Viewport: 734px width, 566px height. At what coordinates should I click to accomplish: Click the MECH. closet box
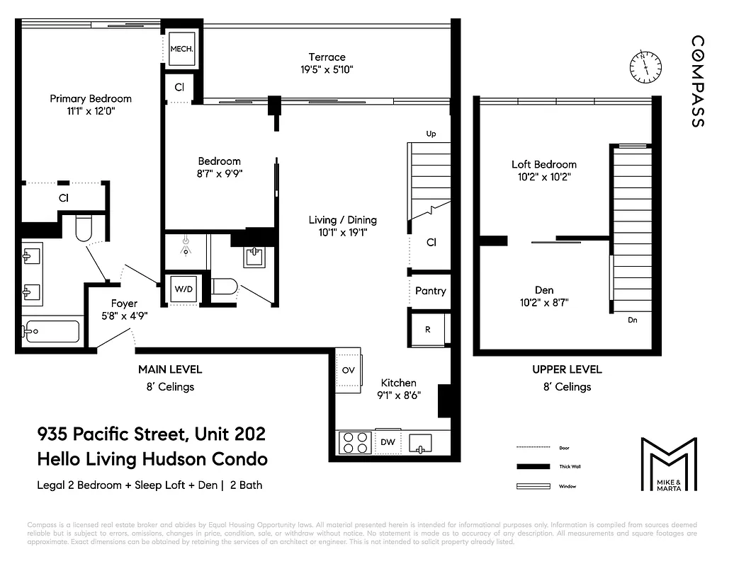182,50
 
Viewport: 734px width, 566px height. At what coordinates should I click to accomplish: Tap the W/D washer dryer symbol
183,289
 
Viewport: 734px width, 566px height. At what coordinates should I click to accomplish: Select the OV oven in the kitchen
349,370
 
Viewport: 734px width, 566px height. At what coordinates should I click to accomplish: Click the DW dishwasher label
388,442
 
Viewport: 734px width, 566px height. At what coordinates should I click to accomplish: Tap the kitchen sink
424,442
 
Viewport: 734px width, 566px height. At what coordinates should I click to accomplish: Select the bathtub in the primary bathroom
50,331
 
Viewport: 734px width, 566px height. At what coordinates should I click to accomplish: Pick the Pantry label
430,291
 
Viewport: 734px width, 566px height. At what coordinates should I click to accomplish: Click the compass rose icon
645,66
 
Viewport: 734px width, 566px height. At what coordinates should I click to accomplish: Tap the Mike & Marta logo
668,464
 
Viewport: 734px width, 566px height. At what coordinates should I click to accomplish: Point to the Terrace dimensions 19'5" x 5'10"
327,69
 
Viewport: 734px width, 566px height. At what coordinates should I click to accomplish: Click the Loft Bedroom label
543,164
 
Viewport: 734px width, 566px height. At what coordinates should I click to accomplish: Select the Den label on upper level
544,290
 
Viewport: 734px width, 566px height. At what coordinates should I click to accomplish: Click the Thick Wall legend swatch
533,467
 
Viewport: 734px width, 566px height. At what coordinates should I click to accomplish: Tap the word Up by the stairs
430,134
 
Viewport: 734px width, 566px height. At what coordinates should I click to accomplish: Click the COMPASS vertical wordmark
698,81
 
